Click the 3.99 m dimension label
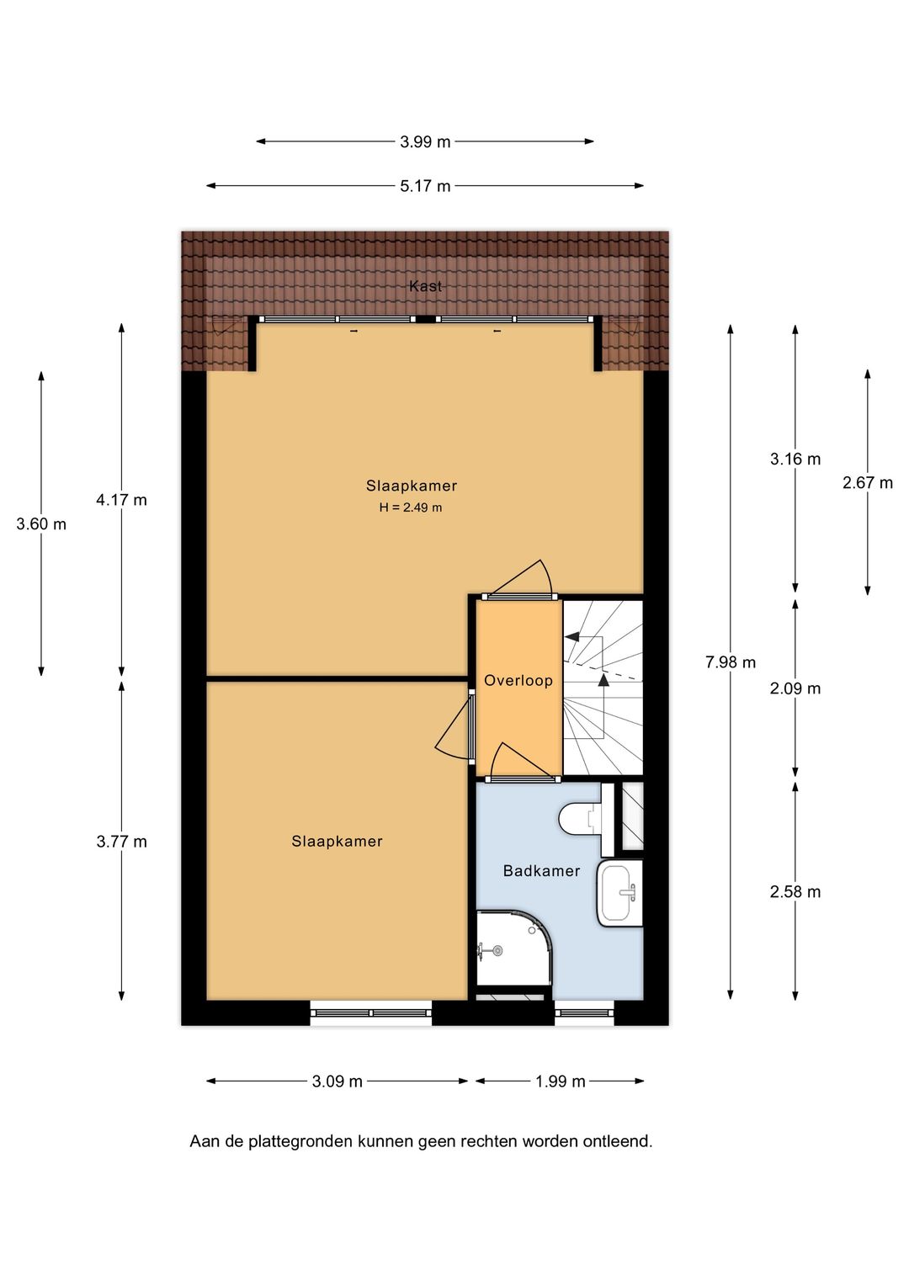[x=425, y=141]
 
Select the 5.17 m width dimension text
[x=425, y=186]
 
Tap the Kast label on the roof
[x=426, y=286]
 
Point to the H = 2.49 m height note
[x=411, y=507]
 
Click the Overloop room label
[x=518, y=681]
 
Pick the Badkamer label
[x=541, y=871]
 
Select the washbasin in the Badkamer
[x=620, y=893]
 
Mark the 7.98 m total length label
[x=731, y=662]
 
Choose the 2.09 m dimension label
[x=795, y=688]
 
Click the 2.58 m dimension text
[x=795, y=891]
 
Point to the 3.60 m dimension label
[x=41, y=524]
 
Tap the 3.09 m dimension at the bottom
[x=337, y=1081]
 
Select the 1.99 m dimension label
[x=561, y=1081]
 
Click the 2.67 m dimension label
[x=868, y=483]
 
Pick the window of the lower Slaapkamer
[x=371, y=1012]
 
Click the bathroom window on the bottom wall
[x=585, y=1012]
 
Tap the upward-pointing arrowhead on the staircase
[x=603, y=680]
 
